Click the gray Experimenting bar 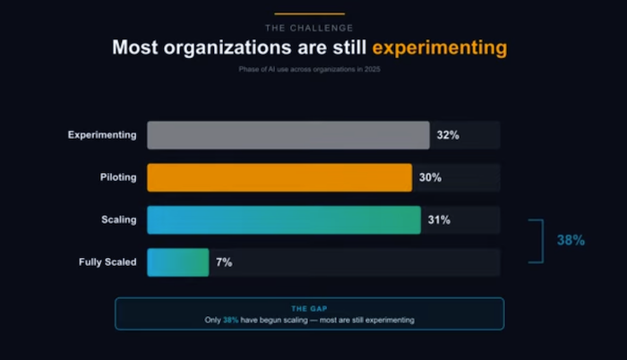tap(288, 135)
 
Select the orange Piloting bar tap(279, 177)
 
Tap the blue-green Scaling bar tap(283, 219)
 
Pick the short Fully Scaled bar tap(177, 262)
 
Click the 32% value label tap(448, 135)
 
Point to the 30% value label tap(430, 177)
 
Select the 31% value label tap(439, 219)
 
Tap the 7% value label tap(224, 262)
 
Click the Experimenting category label tap(102, 135)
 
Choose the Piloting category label tap(117, 177)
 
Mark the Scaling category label tap(119, 219)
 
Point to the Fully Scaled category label tap(107, 262)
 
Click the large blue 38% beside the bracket tap(571, 241)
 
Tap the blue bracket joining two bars tap(539, 241)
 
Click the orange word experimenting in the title tap(440, 47)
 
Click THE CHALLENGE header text tap(309, 27)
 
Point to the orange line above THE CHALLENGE tap(309, 13)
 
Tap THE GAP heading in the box tap(309, 308)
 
